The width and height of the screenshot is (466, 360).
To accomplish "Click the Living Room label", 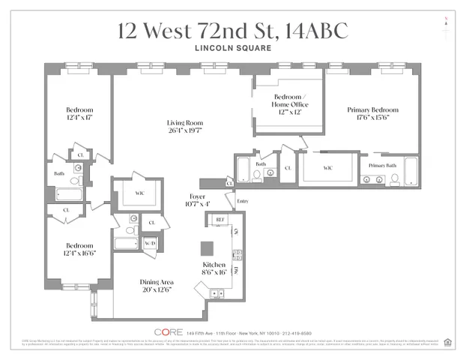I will (x=184, y=123).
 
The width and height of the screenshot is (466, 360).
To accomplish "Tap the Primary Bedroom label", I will (x=372, y=110).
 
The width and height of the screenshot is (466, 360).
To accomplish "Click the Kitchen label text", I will (x=214, y=265).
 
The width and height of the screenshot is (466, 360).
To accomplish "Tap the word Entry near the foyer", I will (x=242, y=201).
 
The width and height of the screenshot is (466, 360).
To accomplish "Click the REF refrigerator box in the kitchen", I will (x=220, y=220).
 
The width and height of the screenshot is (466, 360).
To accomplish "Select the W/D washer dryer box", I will (x=149, y=243).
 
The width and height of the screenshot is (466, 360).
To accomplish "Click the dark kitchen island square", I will (x=207, y=247).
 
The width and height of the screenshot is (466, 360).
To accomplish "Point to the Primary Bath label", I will (x=382, y=165).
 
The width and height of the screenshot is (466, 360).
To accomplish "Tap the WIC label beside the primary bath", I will (x=327, y=168).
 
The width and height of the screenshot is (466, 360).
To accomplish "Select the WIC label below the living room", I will (x=139, y=193).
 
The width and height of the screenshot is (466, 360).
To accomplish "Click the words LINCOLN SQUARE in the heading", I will (x=232, y=49).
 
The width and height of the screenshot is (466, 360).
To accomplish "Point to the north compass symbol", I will (x=447, y=20).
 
